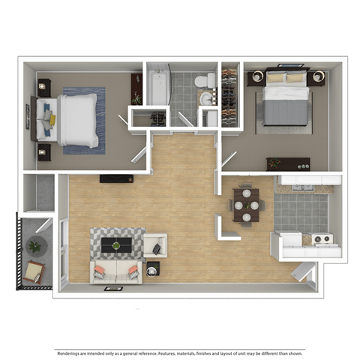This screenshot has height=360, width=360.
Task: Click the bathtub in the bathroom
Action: [157, 86]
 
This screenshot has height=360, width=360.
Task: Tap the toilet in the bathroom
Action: [203, 81]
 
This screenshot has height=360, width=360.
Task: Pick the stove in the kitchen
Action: [322, 240]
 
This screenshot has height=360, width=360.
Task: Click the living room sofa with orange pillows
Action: [115, 271]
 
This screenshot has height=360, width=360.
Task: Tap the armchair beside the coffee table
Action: [155, 244]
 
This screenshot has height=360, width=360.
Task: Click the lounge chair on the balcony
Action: [34, 271]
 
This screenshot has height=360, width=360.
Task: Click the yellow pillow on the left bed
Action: [52, 118]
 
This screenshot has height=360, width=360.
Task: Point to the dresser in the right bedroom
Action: [288, 163]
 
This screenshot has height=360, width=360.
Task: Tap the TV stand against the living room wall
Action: [116, 178]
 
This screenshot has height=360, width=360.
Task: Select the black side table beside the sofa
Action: [153, 268]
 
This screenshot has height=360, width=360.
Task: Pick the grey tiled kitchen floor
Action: [301, 211]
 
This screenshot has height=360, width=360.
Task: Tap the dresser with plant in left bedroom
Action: [136, 88]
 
